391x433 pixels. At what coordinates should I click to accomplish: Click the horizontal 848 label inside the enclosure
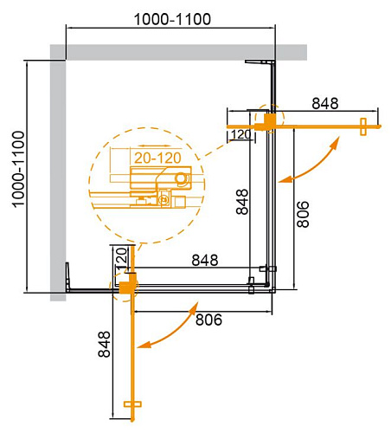tap(204, 260)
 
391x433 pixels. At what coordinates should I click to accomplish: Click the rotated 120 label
tap(121, 257)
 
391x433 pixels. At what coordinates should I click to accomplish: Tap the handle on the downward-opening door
tap(132, 404)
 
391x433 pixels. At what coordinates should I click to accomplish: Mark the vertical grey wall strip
tap(58, 173)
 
